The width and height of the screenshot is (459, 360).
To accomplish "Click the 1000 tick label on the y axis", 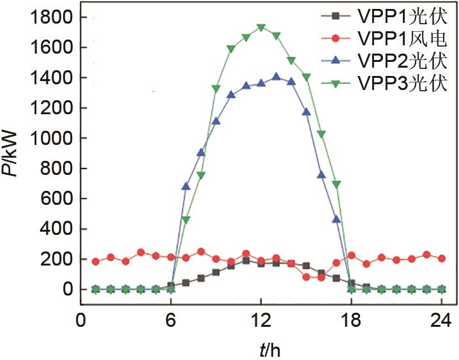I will [x=52, y=139].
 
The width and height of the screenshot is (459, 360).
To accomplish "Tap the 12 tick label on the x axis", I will [x=261, y=319].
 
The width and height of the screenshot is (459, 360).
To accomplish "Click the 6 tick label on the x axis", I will [x=170, y=319].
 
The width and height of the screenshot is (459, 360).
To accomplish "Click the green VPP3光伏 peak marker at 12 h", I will [x=261, y=28].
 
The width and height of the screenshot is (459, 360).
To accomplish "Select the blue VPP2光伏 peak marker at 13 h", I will [x=276, y=77].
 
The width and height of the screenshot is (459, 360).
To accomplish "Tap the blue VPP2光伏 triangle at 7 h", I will [x=186, y=186].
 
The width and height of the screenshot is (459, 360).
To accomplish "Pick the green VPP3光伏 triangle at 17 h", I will [x=336, y=184].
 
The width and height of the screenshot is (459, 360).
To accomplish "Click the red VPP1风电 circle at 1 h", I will [x=96, y=262].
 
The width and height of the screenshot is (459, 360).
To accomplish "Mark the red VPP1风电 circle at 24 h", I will [x=441, y=259].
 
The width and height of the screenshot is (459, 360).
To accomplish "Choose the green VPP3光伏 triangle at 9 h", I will [x=216, y=89].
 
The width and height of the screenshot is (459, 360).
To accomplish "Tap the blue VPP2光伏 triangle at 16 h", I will [x=321, y=174].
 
